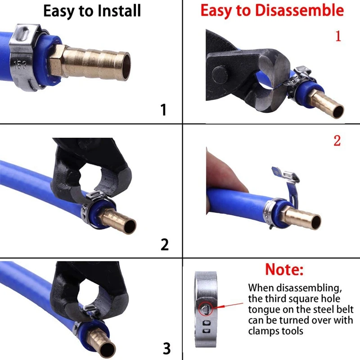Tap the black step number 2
pyautogui.click(x=165, y=244)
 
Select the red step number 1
pyautogui.click(x=338, y=36)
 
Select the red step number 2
pyautogui.click(x=337, y=141)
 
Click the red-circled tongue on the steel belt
pyautogui.click(x=205, y=308)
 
